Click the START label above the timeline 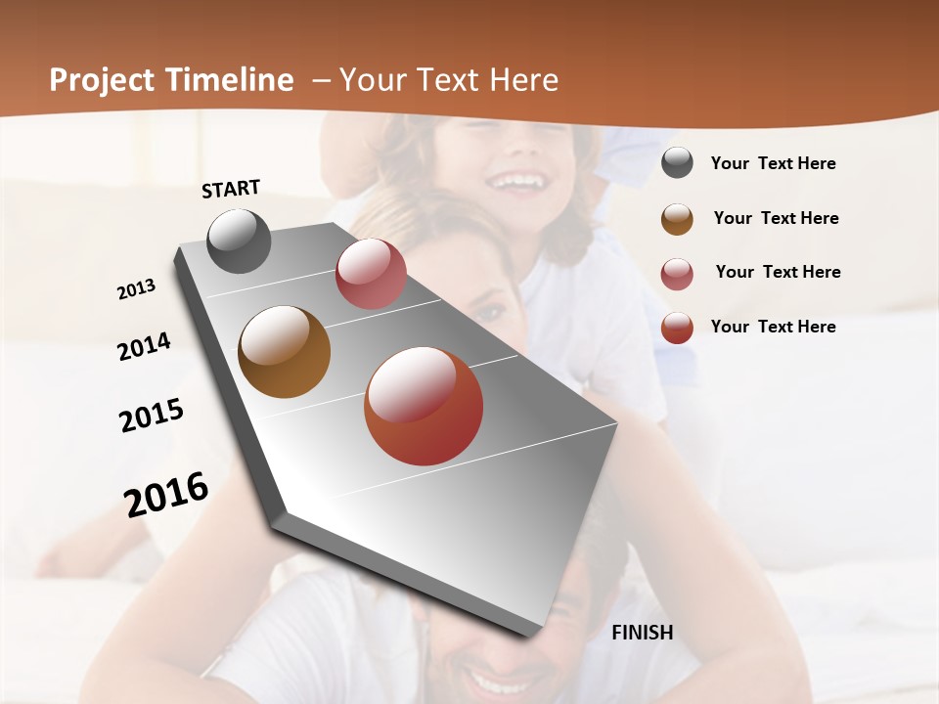pos(231,188)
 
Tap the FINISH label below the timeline pos(642,633)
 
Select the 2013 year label pos(137,288)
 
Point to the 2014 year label pos(144,346)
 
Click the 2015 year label pos(152,416)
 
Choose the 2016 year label pos(166,495)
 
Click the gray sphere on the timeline pos(239,241)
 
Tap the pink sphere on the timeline pos(371,274)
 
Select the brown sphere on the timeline pos(284,352)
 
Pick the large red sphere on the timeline pos(424,406)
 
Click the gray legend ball pos(677,163)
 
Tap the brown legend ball pos(677,218)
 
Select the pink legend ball pos(677,273)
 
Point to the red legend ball pos(677,328)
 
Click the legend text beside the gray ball pos(773,163)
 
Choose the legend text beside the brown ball pos(776,218)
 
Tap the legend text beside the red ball pos(773,327)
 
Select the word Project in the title pos(101,80)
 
